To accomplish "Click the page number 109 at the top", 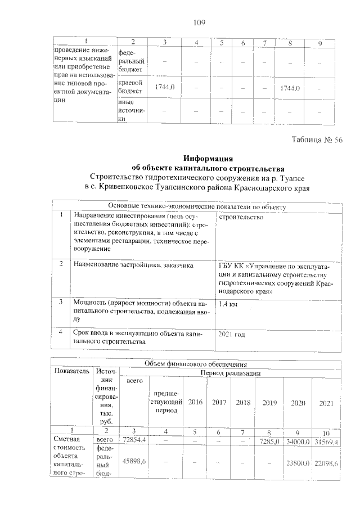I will [x=198, y=23].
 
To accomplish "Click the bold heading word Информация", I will [x=209, y=158].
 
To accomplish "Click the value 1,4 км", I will [x=230, y=304].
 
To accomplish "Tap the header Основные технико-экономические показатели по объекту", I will [x=197, y=207].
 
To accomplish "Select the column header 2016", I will [x=195, y=403].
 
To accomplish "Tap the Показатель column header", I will [x=71, y=371].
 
